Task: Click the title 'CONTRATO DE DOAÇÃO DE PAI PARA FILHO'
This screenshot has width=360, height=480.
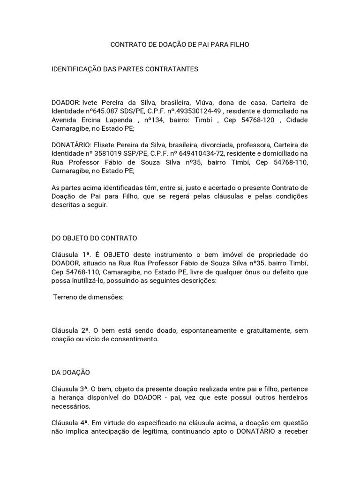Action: click(180, 45)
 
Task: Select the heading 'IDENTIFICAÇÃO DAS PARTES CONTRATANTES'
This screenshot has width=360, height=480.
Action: click(125, 69)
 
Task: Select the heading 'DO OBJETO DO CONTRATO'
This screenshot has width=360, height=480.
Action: click(94, 238)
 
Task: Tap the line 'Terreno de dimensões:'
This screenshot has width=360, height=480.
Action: click(88, 297)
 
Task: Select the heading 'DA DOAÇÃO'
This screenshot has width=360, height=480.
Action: click(70, 373)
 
